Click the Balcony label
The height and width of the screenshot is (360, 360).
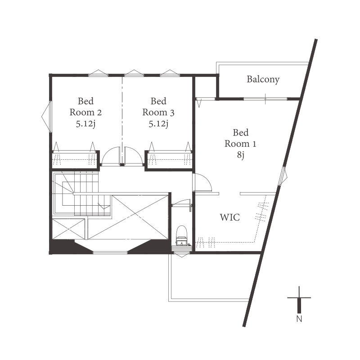click(263, 80)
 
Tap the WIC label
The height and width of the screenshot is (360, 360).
click(230, 217)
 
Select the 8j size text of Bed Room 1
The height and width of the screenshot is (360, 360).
click(241, 155)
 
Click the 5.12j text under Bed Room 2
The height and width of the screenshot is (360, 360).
click(85, 124)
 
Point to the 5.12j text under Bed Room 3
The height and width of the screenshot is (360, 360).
click(158, 124)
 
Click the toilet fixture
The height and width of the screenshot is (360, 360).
click(182, 235)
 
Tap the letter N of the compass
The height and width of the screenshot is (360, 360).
click(299, 319)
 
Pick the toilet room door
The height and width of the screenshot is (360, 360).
click(181, 204)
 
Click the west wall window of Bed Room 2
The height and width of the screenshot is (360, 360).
click(47, 117)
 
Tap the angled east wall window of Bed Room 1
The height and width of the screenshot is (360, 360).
click(283, 176)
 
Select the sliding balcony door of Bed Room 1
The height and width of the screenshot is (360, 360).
click(265, 99)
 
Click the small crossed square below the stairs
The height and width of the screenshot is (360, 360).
click(68, 229)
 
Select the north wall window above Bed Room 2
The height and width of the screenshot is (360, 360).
click(98, 73)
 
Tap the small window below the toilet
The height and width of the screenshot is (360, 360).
click(182, 254)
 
